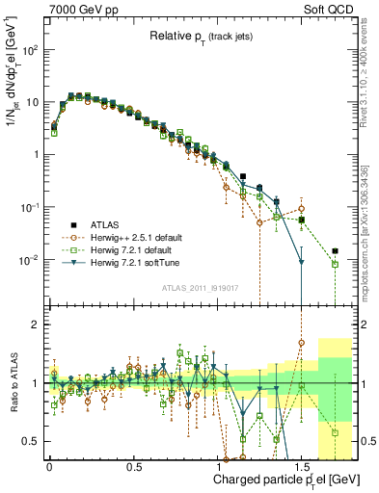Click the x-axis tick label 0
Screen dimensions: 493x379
(x=49, y=461)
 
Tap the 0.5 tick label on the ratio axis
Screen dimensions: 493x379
(x=32, y=441)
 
